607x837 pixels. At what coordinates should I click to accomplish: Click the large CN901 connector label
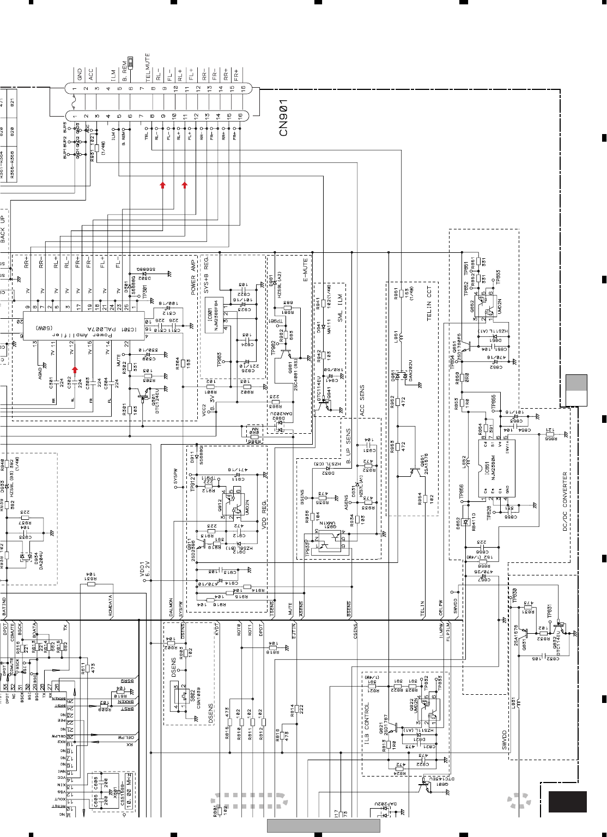[283, 118]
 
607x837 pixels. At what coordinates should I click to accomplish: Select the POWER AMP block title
[193, 277]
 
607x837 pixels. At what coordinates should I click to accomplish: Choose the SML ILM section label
[340, 308]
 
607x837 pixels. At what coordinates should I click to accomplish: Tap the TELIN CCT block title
[429, 303]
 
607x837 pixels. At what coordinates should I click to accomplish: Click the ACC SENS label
[362, 401]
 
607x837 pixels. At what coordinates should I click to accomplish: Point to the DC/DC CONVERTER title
[565, 501]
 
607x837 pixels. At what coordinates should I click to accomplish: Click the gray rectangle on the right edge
[576, 390]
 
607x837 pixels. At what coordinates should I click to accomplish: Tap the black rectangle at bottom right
[567, 802]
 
